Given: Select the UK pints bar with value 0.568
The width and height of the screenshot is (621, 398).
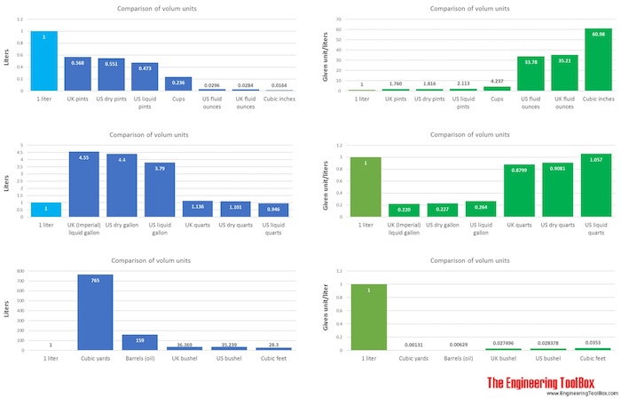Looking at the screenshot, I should (77, 74).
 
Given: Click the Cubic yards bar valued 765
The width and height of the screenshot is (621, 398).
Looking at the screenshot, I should (95, 312).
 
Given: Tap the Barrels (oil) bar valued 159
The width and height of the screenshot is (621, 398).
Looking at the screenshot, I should (138, 342).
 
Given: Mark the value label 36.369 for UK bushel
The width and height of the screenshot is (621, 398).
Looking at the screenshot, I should (181, 344).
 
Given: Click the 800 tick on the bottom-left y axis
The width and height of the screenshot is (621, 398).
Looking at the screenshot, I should (19, 274).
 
